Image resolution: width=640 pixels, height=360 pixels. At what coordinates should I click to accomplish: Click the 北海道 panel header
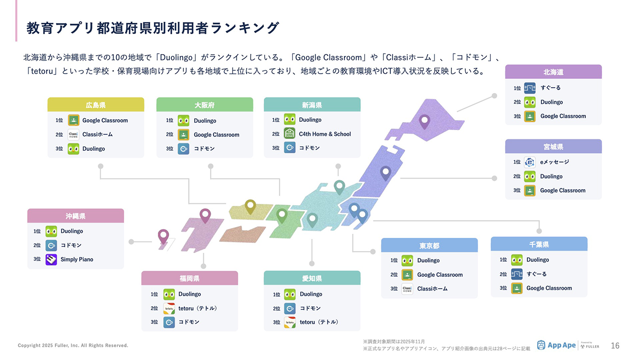553,72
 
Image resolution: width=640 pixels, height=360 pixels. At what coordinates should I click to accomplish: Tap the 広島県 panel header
96,105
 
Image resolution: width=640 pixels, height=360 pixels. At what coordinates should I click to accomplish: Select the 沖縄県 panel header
75,216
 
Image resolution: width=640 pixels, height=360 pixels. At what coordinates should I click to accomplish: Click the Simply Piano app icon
51,260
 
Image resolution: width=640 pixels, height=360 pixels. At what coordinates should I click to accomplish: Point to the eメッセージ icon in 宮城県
529,162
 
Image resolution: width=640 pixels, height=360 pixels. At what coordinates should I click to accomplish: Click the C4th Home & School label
324,134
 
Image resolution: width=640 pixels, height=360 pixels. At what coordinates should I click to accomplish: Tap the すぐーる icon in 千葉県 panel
516,274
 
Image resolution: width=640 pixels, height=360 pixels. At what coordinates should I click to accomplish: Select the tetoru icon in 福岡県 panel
169,308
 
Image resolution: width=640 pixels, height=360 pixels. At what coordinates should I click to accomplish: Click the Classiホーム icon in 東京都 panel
407,289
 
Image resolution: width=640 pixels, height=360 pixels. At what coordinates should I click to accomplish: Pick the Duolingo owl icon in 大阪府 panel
184,121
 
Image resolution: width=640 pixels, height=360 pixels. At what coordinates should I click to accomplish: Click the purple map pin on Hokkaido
424,122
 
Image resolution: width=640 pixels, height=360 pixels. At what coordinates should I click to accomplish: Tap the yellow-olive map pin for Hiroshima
250,207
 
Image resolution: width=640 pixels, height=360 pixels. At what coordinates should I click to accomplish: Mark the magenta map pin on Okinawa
163,237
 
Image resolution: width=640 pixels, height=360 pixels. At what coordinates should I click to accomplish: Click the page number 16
615,346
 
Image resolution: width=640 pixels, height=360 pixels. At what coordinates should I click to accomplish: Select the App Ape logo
556,345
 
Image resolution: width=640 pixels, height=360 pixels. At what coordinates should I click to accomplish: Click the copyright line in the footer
73,345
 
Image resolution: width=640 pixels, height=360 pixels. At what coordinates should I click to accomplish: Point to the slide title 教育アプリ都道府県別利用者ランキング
153,28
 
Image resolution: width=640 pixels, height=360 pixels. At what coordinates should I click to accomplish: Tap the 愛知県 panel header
312,278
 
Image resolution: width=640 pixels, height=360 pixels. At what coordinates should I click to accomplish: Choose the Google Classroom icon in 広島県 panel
73,120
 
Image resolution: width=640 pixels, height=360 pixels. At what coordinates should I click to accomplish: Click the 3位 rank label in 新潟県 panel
276,148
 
